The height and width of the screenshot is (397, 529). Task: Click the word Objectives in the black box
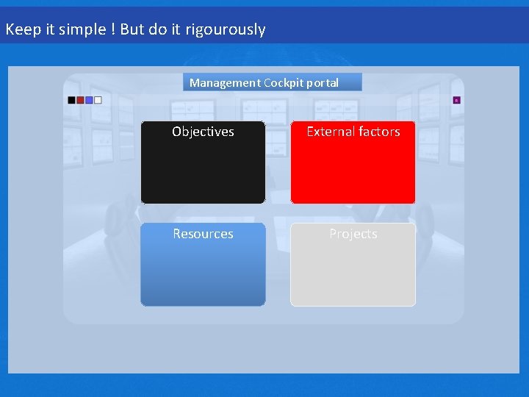click(x=203, y=132)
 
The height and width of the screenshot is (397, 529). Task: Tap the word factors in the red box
click(x=378, y=132)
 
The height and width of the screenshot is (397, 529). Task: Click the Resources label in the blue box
click(x=203, y=234)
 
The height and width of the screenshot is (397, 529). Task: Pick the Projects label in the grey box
click(x=353, y=234)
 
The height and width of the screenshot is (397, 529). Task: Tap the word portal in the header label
click(x=324, y=83)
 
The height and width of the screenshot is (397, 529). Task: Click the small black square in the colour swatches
click(x=72, y=100)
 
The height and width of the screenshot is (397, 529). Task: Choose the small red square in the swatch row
click(x=81, y=100)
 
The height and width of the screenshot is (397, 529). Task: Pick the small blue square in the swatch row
click(x=90, y=100)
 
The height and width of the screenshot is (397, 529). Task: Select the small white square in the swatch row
click(x=98, y=100)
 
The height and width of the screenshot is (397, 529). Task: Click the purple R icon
click(x=456, y=100)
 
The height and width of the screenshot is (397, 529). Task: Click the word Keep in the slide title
click(x=20, y=30)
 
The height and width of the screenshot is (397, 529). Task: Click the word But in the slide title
click(x=132, y=30)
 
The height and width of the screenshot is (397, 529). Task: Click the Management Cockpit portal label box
click(x=272, y=82)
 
